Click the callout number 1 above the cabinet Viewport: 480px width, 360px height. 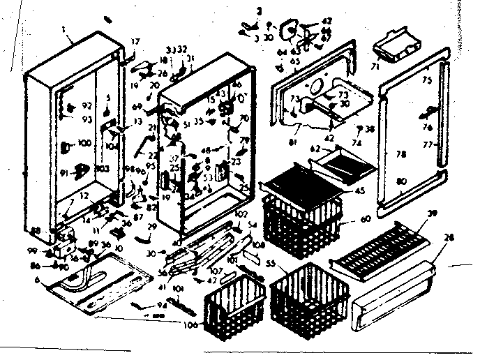(x=63, y=31)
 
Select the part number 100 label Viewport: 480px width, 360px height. (x=85, y=143)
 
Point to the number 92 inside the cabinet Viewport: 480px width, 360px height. (x=87, y=105)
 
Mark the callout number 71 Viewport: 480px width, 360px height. (x=394, y=69)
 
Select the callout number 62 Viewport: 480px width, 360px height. (x=315, y=148)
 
